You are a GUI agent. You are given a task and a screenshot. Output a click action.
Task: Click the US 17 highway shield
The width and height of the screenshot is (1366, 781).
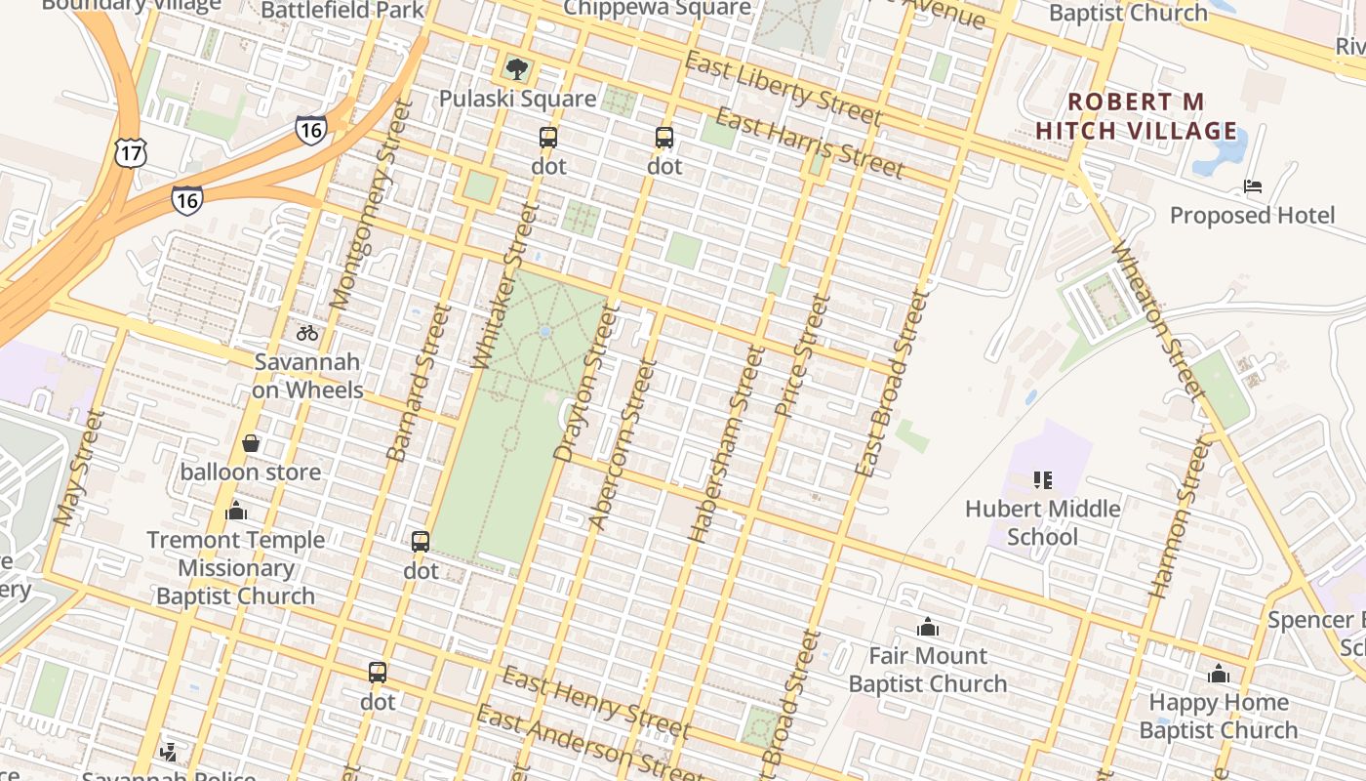(x=129, y=151)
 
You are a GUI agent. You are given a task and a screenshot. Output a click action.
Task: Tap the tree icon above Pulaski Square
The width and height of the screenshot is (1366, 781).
(x=517, y=68)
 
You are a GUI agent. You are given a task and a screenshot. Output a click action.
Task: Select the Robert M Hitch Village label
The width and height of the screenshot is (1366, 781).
(x=1136, y=116)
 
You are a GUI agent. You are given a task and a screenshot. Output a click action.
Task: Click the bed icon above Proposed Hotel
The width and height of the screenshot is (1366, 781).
(x=1253, y=185)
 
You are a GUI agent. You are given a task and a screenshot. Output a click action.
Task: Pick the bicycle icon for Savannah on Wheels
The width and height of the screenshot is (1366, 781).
(x=307, y=333)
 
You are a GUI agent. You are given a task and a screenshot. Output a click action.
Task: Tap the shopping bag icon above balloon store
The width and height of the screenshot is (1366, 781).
(x=251, y=443)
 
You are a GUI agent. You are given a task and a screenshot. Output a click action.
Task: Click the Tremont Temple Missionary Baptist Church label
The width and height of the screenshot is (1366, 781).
(x=235, y=567)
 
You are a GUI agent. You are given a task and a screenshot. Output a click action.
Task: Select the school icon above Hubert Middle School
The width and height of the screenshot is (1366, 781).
(x=1042, y=479)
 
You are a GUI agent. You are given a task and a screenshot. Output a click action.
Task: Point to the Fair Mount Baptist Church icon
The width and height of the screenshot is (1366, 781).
(x=927, y=627)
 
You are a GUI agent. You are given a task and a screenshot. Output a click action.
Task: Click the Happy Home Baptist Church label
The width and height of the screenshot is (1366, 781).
(x=1218, y=716)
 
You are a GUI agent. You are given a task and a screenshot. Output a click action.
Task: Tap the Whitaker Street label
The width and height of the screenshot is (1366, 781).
(x=505, y=286)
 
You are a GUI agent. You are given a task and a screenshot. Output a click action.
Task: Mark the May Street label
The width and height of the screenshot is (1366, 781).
(x=79, y=469)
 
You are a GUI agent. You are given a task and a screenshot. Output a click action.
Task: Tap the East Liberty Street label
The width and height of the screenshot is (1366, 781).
(x=783, y=89)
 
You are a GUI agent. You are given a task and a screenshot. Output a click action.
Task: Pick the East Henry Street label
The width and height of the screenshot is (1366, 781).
(x=596, y=702)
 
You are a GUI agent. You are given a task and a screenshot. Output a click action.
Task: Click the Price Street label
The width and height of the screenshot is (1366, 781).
(x=802, y=355)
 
